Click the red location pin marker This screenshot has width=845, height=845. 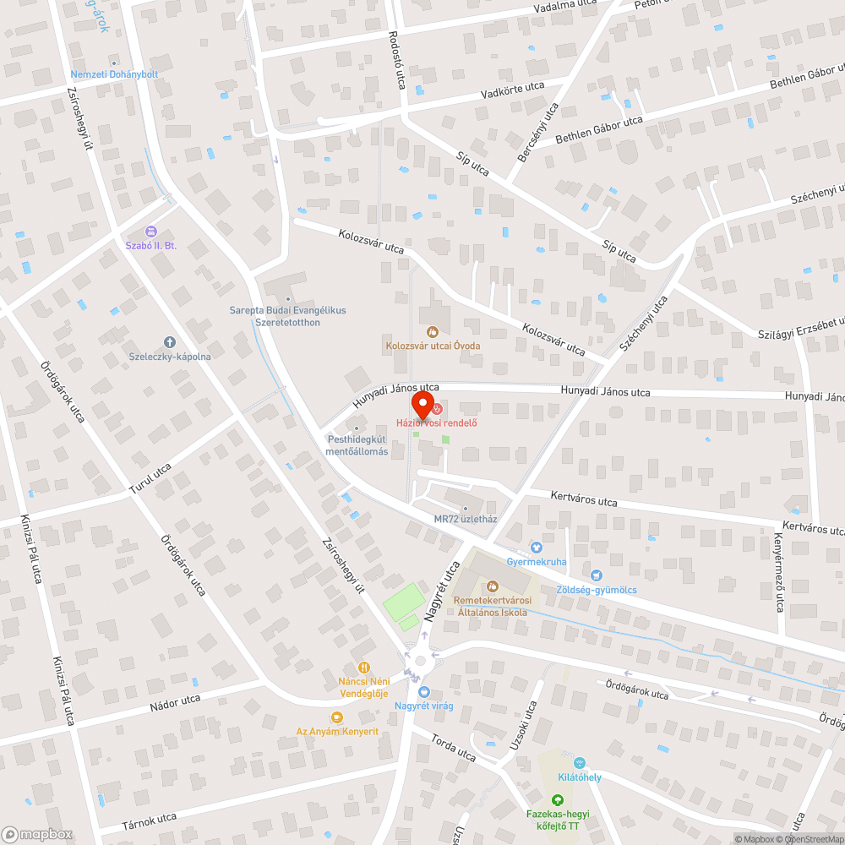click(x=422, y=401)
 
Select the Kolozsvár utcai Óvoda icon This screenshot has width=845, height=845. click(x=433, y=332)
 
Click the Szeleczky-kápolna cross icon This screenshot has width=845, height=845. click(x=169, y=342)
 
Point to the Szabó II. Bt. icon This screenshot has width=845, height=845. click(x=151, y=231)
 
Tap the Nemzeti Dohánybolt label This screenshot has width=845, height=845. click(x=118, y=74)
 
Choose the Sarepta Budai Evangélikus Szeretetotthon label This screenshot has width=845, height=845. click(x=287, y=316)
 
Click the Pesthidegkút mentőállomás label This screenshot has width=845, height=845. click(x=357, y=445)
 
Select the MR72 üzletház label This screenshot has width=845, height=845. click(x=465, y=519)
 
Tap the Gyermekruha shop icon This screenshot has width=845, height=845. click(x=536, y=548)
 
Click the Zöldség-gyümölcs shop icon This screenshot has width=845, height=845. click(x=597, y=575)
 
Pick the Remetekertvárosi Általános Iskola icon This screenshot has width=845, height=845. click(x=491, y=586)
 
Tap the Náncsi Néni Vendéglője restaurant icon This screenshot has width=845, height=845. click(x=364, y=667)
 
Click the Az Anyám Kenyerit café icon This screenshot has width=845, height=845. click(x=336, y=717)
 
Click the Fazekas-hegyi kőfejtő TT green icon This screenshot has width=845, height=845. click(x=557, y=800)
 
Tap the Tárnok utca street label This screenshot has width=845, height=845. click(x=149, y=818)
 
